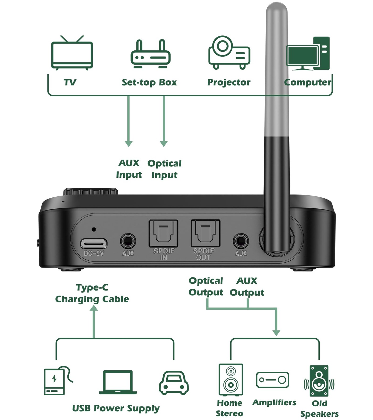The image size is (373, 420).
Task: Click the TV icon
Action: click(72, 53)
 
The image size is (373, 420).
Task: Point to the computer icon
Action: click(308, 54)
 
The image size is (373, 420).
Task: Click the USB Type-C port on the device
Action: click(94, 244)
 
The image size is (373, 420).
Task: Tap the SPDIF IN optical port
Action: click(163, 233)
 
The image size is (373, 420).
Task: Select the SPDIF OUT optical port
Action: click(205, 233)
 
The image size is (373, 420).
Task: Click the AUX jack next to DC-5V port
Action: click(128, 241)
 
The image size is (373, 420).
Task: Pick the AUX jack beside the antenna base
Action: click(241, 241)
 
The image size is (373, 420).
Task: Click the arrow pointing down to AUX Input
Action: click(129, 143)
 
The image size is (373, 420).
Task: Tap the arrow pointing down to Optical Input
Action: click(164, 143)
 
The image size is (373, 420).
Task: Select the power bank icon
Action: click(56, 381)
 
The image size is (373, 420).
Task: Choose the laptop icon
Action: click(118, 382)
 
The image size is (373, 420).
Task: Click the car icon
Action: click(174, 383)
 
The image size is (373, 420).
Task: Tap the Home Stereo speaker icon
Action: click(231, 380)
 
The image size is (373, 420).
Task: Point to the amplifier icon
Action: click(273, 380)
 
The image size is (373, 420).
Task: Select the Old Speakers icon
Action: click(319, 381)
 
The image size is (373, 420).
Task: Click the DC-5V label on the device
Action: click(94, 253)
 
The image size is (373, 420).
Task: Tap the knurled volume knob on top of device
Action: click(90, 191)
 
